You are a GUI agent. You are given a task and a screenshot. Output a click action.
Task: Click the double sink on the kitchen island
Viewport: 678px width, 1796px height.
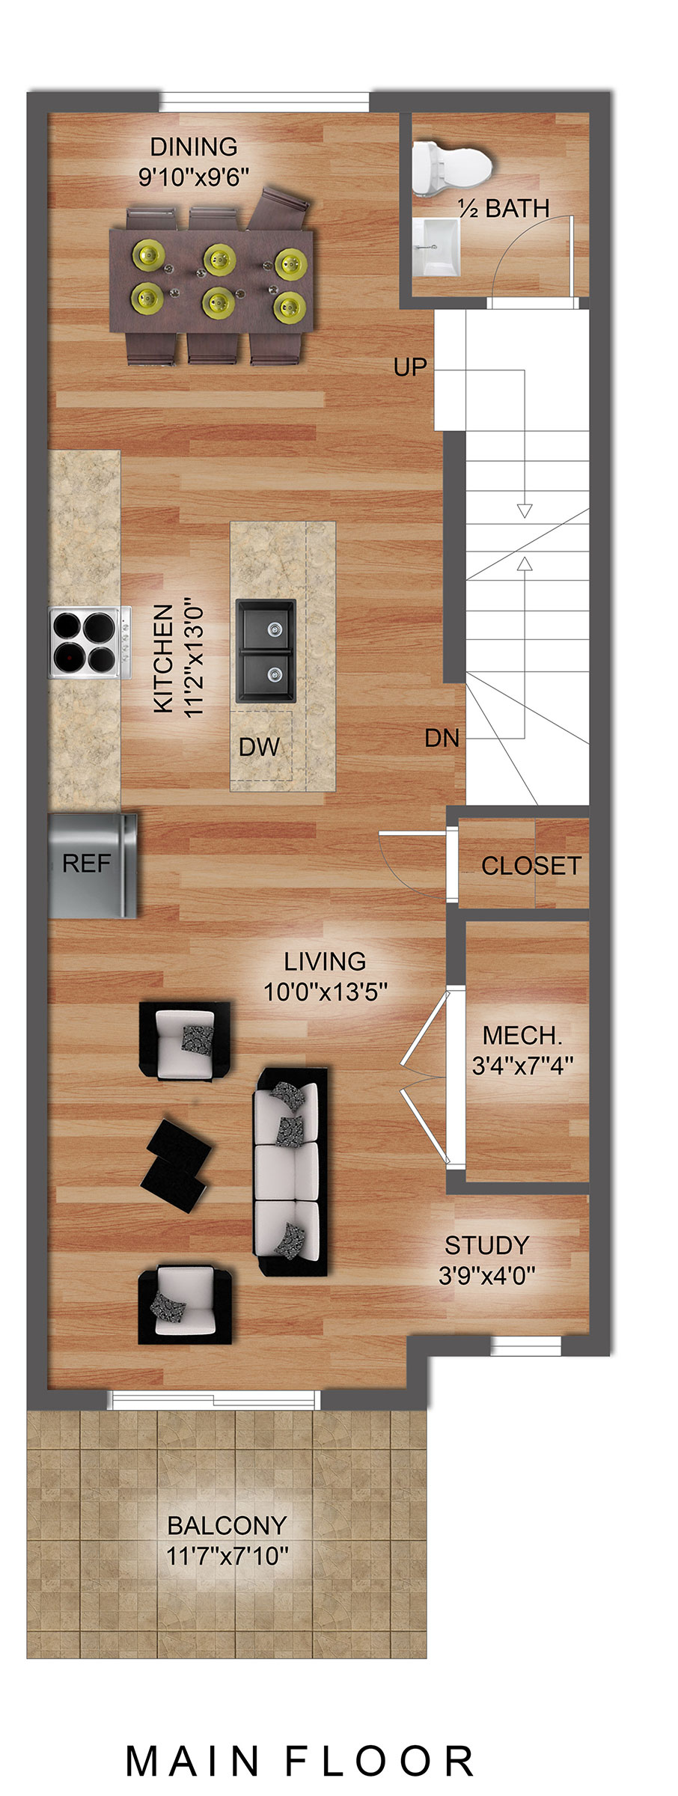tap(266, 650)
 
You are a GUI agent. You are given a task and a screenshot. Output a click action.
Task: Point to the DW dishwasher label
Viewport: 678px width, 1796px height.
tap(259, 746)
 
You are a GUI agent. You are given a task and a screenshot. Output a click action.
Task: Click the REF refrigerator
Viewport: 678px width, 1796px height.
tap(93, 865)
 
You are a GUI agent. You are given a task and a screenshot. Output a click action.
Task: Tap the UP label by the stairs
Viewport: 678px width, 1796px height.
tap(410, 367)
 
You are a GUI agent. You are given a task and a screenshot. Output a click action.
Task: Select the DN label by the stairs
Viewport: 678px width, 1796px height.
tap(442, 738)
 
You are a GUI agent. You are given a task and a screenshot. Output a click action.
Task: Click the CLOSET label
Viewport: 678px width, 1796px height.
tap(531, 866)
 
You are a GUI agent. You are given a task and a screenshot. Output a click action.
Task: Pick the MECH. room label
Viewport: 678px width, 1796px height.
tap(522, 1036)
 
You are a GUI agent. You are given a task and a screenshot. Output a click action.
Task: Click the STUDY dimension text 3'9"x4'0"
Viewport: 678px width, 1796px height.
tap(486, 1275)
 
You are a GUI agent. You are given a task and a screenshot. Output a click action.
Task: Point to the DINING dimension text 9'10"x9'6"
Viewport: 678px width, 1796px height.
tap(194, 177)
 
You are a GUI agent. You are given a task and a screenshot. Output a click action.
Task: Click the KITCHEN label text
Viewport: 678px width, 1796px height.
tap(164, 659)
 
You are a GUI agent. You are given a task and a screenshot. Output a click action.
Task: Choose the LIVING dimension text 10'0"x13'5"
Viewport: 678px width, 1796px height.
tap(326, 992)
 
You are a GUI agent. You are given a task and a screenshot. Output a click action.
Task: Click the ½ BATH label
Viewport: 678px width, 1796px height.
tap(504, 209)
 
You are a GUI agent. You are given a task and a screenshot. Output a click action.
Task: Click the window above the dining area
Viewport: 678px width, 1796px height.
tap(265, 102)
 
